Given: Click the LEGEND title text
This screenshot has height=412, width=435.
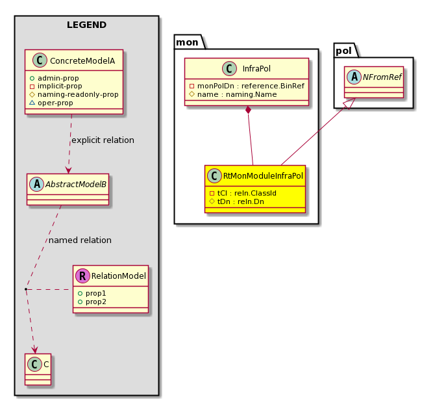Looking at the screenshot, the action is coord(86,25).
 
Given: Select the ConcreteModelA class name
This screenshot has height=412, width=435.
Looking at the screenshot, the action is coord(82,61).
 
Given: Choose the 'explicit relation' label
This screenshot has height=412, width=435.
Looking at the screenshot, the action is coord(103,140).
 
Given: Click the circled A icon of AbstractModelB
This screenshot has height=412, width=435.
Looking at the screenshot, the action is coord(36,185).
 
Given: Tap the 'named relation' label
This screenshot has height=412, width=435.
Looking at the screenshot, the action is coord(80,240).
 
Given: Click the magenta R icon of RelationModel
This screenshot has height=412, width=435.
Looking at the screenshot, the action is coord(82,276).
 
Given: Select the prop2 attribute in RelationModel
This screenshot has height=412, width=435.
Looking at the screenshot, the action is coord(92,302).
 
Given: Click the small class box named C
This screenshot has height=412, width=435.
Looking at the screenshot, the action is coord(38,369).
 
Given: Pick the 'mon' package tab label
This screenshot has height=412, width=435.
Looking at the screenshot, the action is coord(187,42).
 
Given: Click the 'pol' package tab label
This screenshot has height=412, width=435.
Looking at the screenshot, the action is coord(343,51).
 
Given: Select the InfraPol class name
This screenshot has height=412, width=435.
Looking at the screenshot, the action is coord(256,69).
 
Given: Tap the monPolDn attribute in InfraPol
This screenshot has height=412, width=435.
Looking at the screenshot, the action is coord(247,86).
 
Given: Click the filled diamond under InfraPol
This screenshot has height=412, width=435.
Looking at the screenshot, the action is coord(248,110).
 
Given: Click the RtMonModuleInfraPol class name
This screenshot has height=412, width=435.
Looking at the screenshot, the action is coord(263,176).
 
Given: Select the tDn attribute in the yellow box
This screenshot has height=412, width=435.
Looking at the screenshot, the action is coord(236,201).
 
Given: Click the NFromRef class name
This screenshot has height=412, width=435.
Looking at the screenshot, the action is coord(382,77).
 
